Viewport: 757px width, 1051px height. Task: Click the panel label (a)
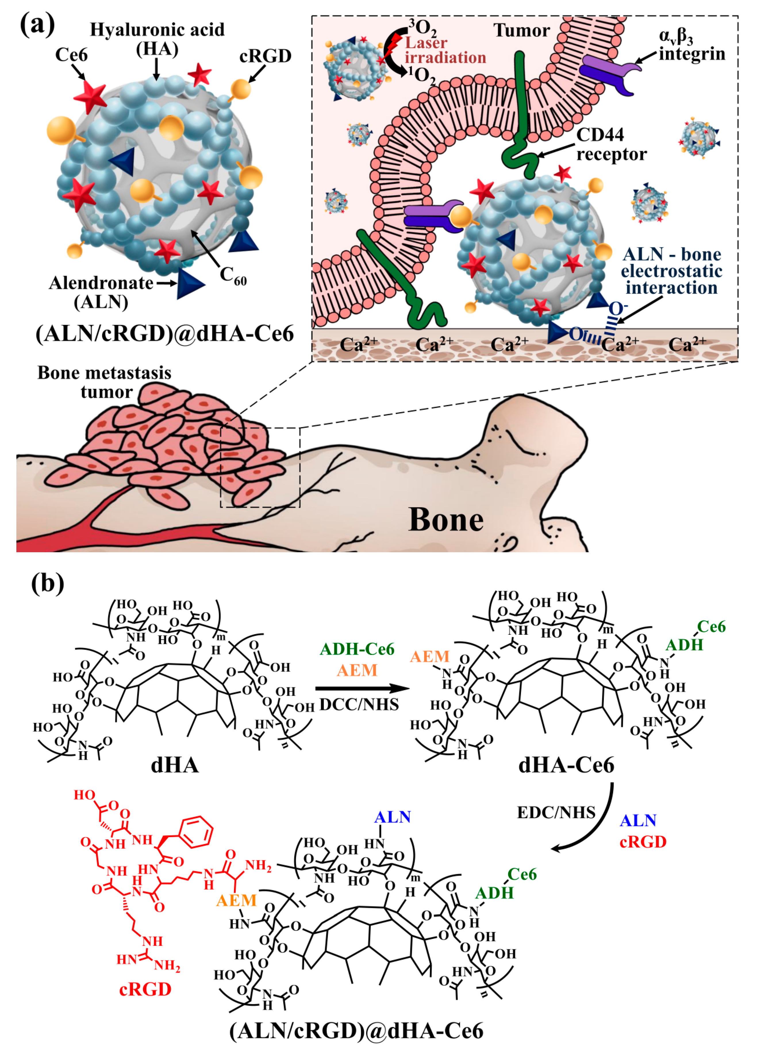(x=37, y=24)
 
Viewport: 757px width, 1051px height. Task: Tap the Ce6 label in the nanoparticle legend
(x=71, y=55)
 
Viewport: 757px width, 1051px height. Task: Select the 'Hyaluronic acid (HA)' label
(x=157, y=39)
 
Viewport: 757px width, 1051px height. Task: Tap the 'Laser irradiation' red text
(x=445, y=50)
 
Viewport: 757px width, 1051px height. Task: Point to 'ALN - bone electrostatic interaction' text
(x=671, y=271)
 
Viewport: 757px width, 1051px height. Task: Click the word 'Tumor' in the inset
(x=522, y=30)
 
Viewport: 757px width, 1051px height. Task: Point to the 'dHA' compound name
(x=175, y=765)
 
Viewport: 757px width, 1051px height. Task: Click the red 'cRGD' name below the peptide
(x=145, y=989)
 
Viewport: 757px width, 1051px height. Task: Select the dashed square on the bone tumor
(x=260, y=467)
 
